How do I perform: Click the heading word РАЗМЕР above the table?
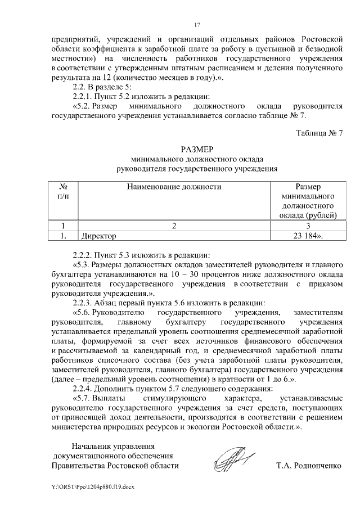197,150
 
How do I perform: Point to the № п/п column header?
64,191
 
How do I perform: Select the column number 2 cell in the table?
174,226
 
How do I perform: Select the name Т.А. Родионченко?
309,466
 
